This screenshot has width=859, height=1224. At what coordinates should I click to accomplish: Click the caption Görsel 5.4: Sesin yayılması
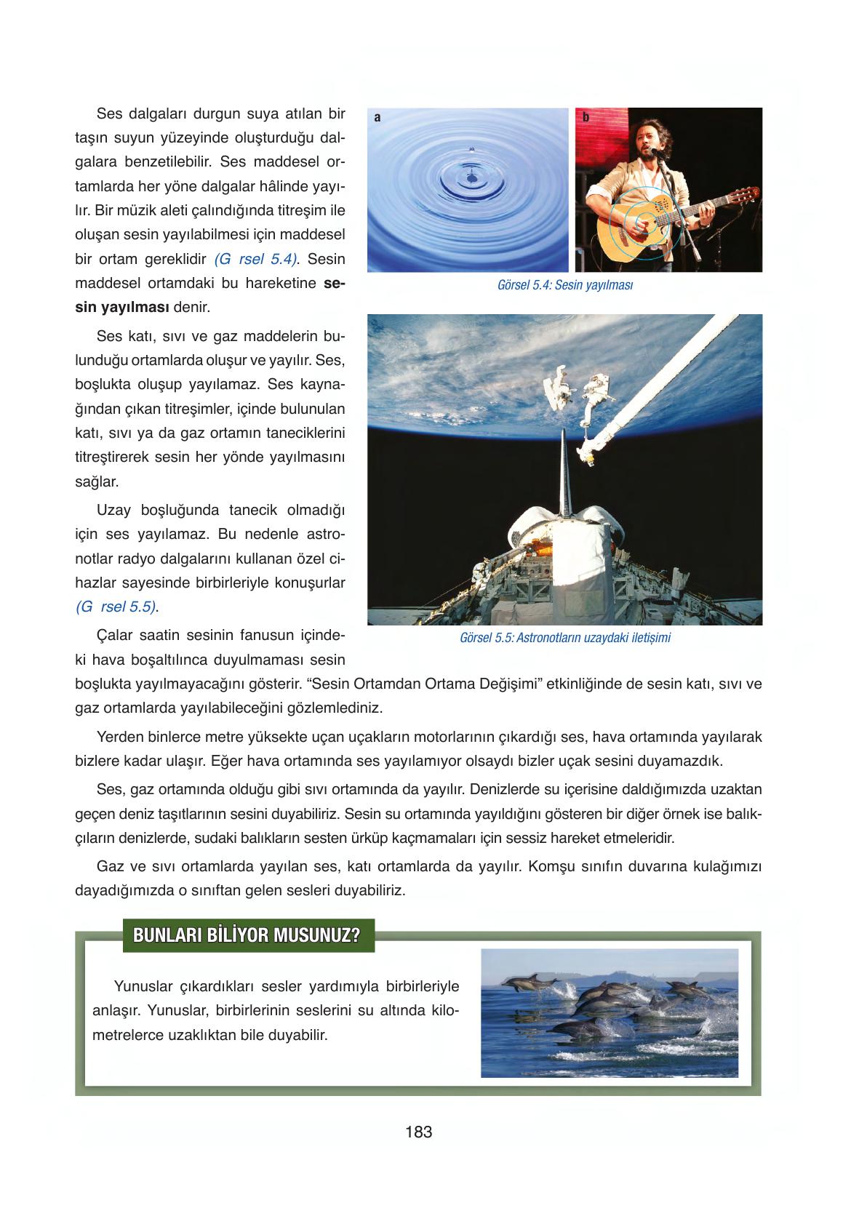564,286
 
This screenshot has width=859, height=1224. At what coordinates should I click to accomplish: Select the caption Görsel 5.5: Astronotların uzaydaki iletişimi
565,638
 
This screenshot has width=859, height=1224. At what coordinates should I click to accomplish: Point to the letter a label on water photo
377,117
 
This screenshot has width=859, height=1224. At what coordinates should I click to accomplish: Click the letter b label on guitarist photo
586,117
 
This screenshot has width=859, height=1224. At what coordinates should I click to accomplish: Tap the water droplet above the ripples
471,149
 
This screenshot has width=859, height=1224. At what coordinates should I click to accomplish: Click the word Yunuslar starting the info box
143,986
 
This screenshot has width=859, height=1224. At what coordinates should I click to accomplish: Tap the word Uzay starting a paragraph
113,509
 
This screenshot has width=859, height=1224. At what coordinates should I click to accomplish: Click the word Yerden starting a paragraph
119,737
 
